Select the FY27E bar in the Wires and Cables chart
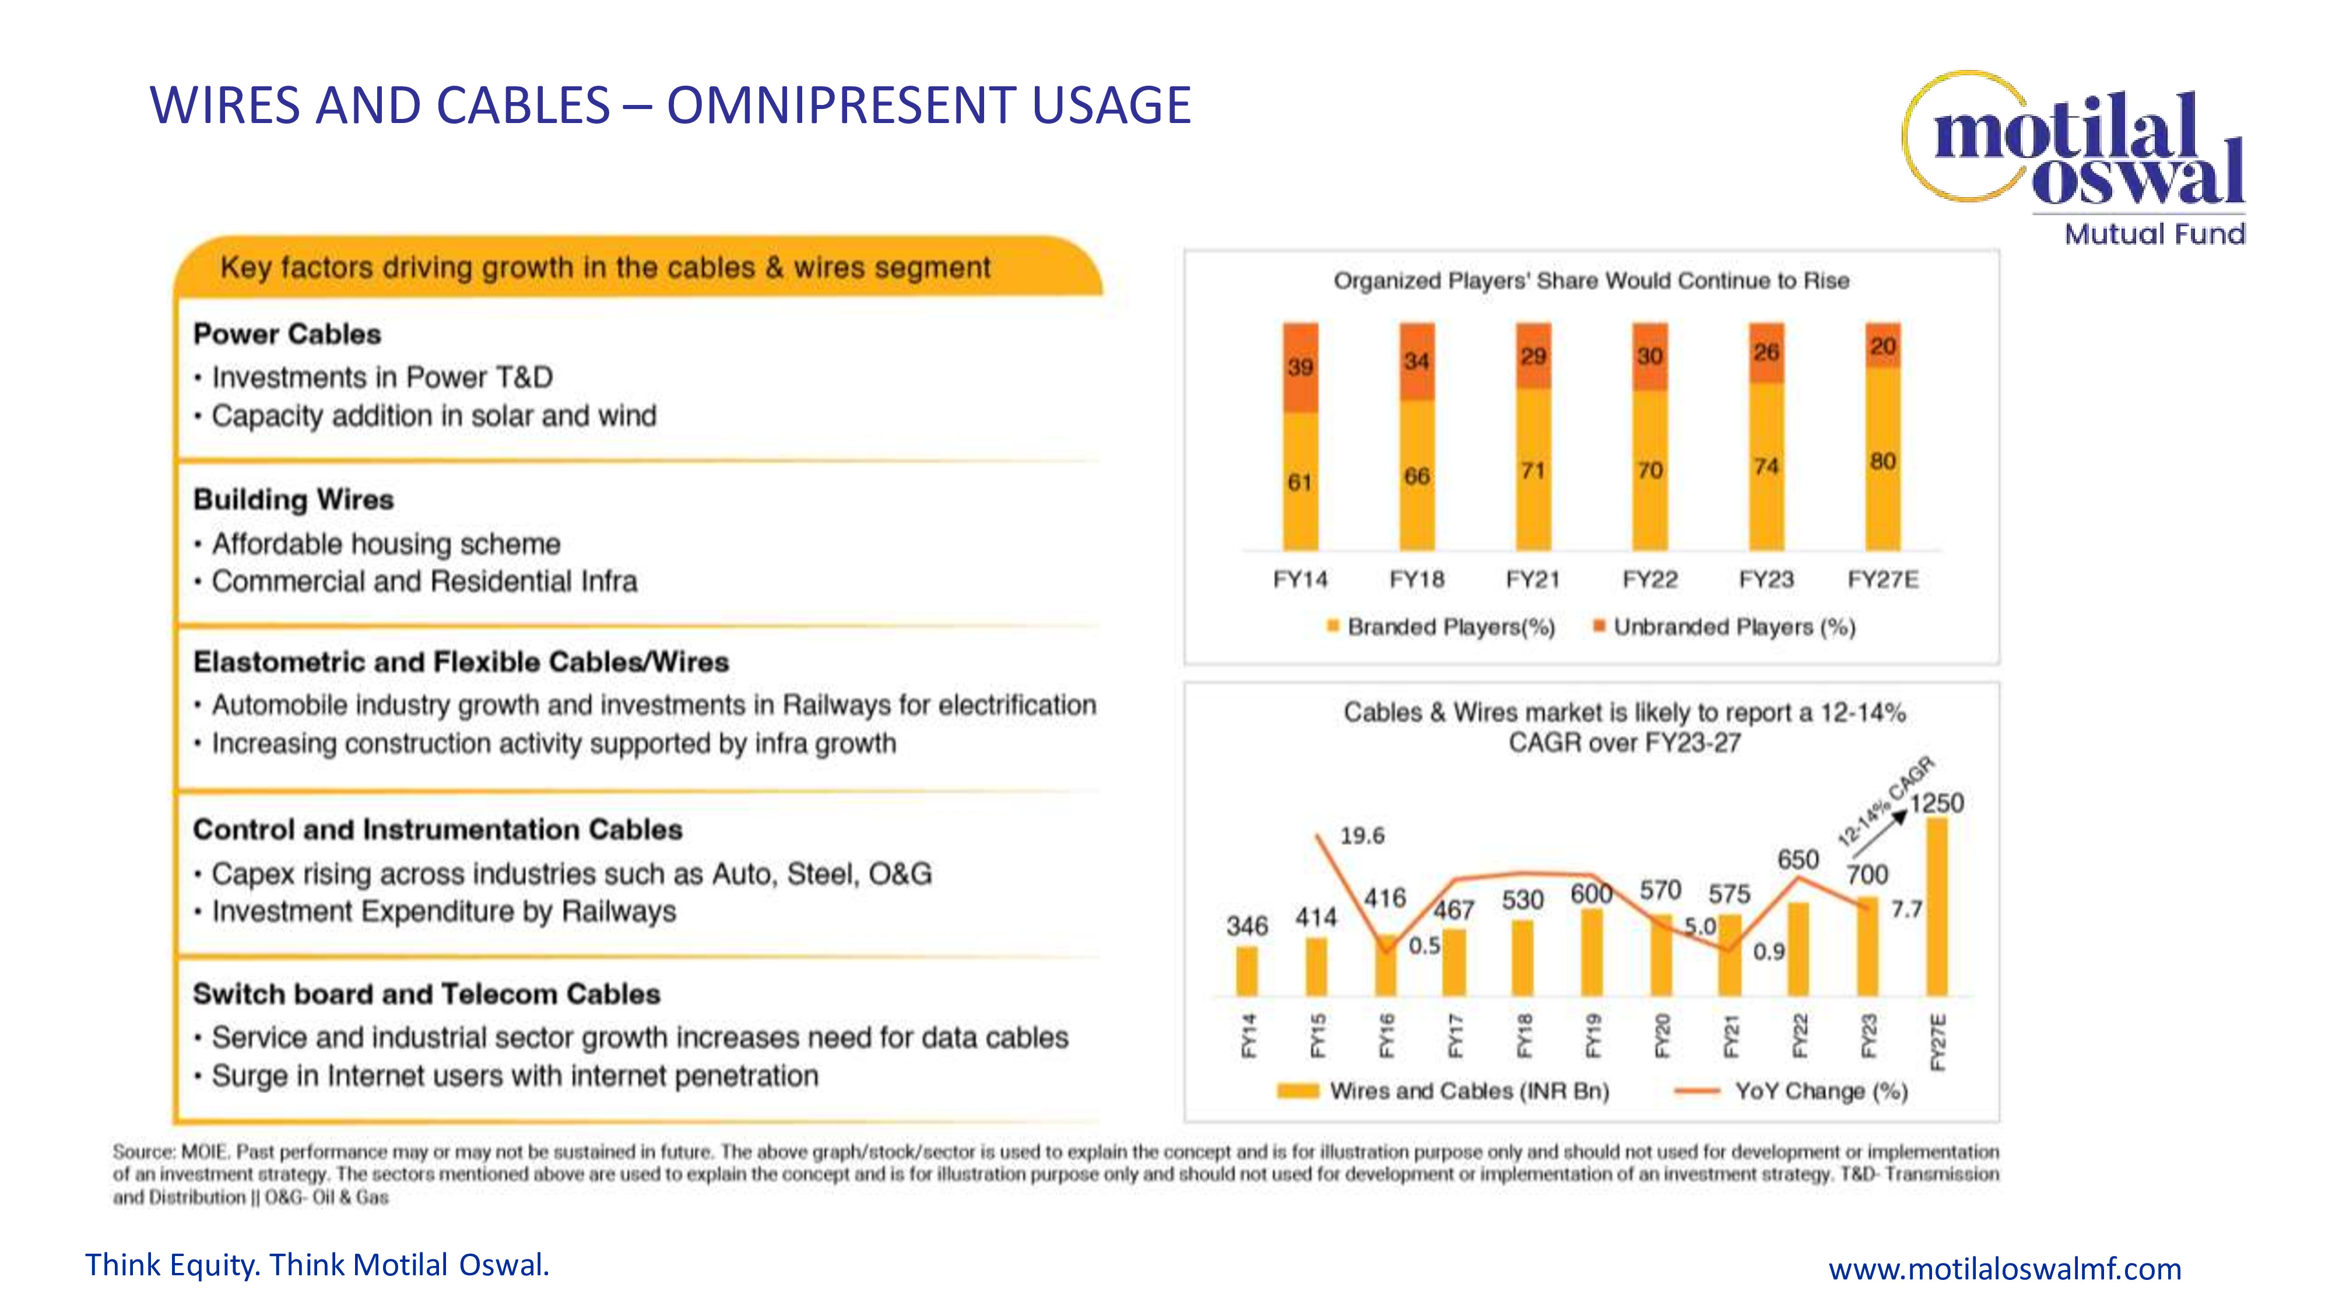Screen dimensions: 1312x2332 1936,906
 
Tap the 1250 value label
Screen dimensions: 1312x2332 1936,803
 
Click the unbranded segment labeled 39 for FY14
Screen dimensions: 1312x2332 1300,367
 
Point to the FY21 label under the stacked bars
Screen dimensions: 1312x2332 1533,580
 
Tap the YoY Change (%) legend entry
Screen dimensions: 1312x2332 1820,1091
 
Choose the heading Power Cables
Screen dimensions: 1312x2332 287,334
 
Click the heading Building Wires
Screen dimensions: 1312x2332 293,500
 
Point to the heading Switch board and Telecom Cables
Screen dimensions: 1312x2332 426,994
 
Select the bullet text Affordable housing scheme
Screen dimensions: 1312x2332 385,543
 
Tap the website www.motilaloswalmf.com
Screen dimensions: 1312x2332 2004,1268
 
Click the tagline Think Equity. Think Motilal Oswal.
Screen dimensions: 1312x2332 317,1265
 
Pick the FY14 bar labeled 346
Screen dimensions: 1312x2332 1246,971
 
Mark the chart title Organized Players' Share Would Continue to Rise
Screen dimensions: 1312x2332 1590,280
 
